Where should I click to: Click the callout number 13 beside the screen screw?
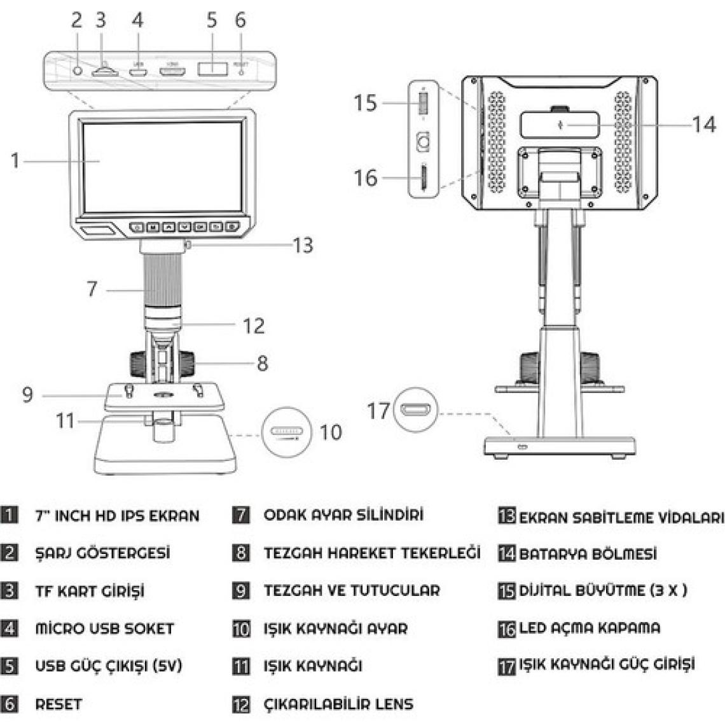tap(303, 245)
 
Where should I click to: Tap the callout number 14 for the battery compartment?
tap(703, 124)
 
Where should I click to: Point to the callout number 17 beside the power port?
tap(378, 410)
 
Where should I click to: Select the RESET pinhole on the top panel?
tap(240, 71)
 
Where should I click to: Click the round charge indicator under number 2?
tap(78, 70)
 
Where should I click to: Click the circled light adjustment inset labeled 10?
tap(286, 432)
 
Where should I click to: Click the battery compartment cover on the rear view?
tap(560, 124)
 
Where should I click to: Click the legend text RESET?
tap(59, 704)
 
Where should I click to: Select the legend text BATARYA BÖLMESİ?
tap(588, 553)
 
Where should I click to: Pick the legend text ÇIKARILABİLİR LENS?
tap(338, 704)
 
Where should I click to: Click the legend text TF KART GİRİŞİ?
tap(90, 591)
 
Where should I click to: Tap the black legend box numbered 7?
tap(241, 515)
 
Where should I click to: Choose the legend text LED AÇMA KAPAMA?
tap(590, 628)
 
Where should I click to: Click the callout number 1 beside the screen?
tap(15, 160)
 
